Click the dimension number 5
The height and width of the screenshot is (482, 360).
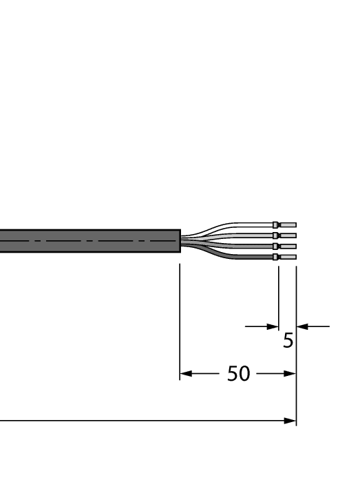coord(288,339)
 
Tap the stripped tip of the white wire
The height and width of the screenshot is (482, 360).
coord(288,224)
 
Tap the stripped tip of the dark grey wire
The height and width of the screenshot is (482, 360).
coord(288,257)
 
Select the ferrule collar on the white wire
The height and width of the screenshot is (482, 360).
coord(276,224)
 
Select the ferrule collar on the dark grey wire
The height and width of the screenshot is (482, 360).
coord(276,257)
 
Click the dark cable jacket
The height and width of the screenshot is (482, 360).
coord(89,241)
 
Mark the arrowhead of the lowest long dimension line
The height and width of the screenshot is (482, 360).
coord(290,420)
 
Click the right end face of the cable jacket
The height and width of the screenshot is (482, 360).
coord(179,241)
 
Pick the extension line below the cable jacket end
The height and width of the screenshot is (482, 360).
coord(179,317)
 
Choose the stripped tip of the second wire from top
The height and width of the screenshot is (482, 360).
coord(288,235)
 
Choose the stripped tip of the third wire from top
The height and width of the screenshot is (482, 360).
coord(288,246)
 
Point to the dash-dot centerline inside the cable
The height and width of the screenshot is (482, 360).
coord(83,241)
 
